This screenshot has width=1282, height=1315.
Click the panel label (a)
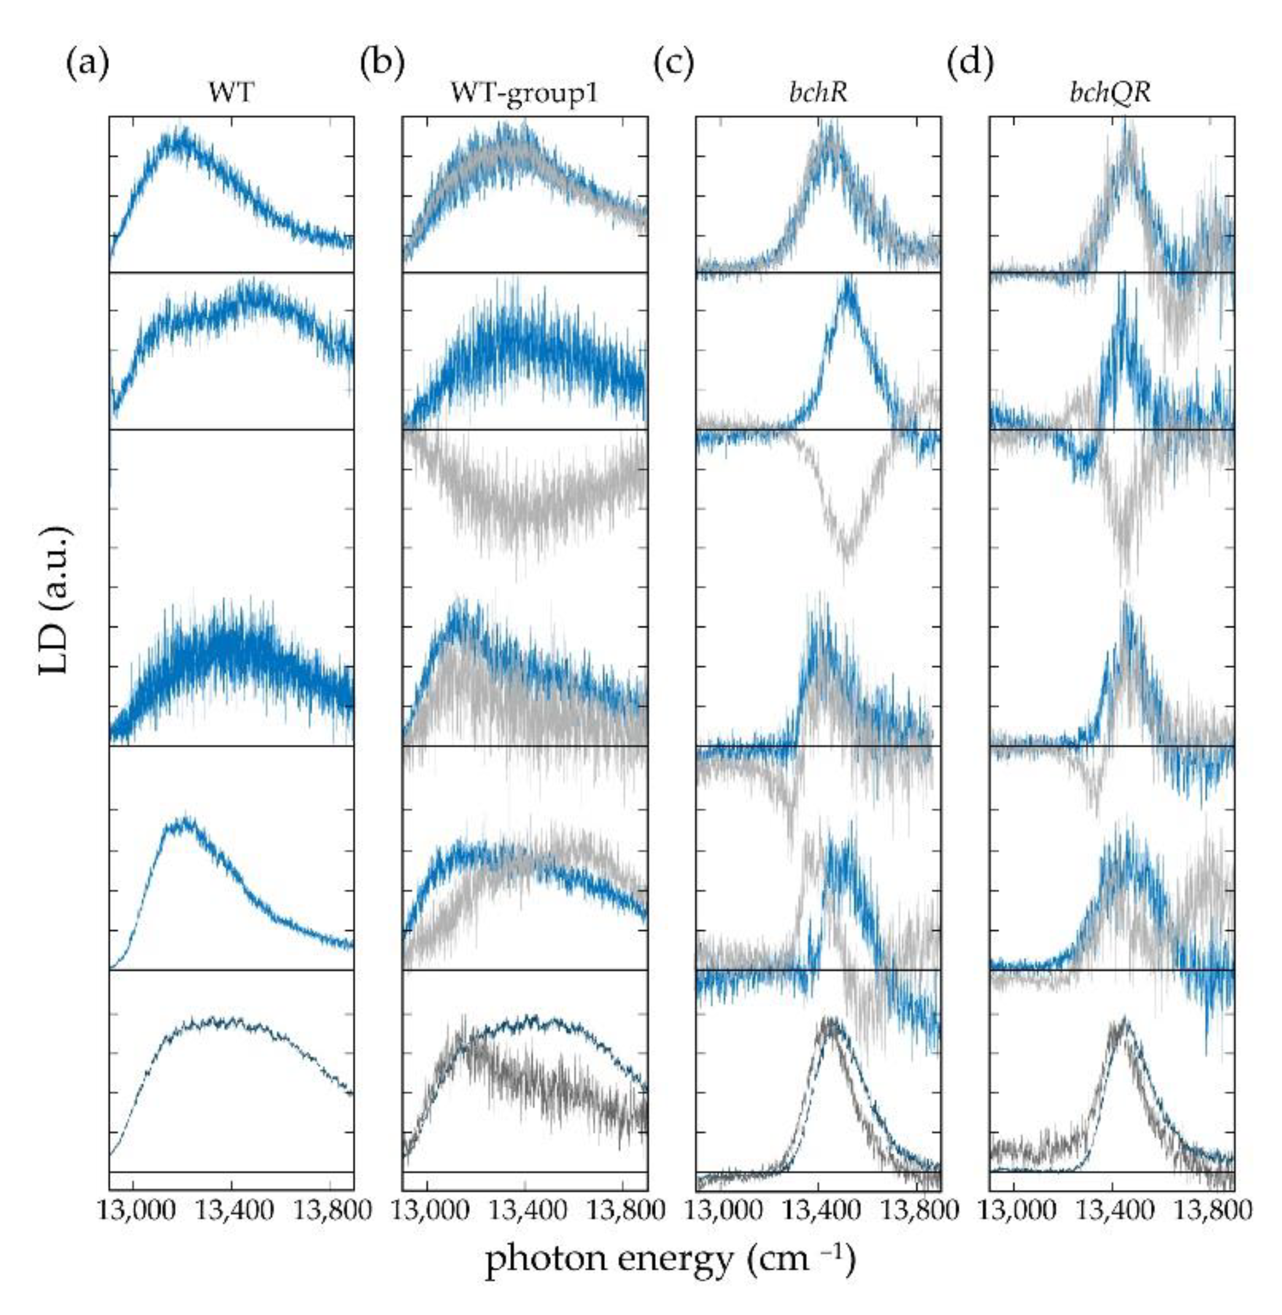pyautogui.click(x=87, y=65)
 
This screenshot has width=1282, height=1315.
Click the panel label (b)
pyautogui.click(x=382, y=65)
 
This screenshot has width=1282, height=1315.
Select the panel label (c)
pyautogui.click(x=673, y=65)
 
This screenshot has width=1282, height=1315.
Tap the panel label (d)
pyautogui.click(x=970, y=65)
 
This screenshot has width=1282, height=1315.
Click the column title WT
pyautogui.click(x=231, y=93)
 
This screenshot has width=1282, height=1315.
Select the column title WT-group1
pyautogui.click(x=525, y=93)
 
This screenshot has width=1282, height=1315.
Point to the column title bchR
pyautogui.click(x=818, y=93)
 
